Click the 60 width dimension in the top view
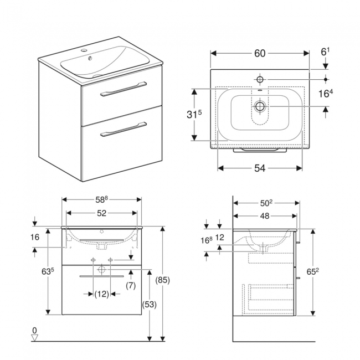[260, 53]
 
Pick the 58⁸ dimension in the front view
[101, 199]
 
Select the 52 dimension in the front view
[101, 212]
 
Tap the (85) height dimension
[163, 280]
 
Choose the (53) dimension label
[149, 304]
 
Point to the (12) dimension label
[101, 294]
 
